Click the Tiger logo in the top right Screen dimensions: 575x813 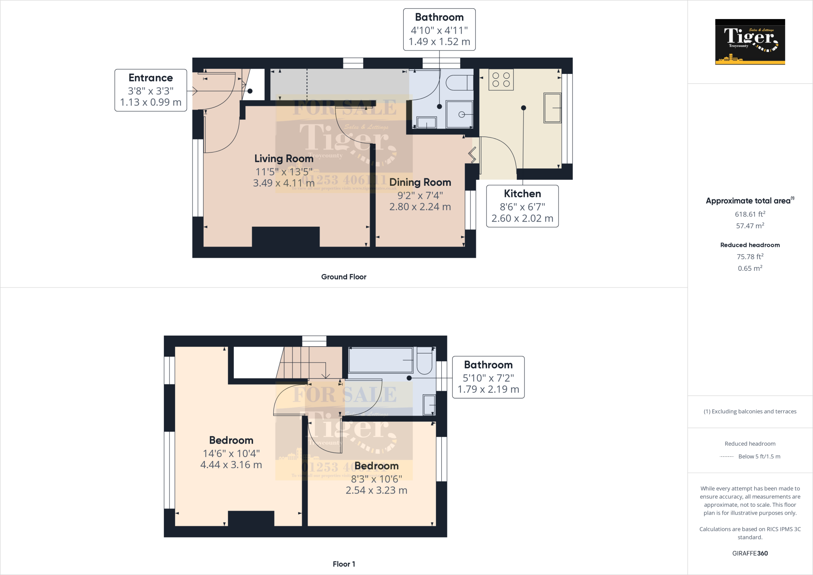click(x=750, y=42)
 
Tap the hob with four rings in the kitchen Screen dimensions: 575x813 click(x=501, y=79)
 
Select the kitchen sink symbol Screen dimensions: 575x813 click(x=552, y=108)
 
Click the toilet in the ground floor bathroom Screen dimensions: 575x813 click(x=459, y=83)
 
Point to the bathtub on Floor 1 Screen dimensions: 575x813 click(x=380, y=360)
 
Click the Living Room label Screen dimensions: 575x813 click(x=284, y=158)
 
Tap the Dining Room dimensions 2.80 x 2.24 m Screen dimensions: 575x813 click(x=420, y=207)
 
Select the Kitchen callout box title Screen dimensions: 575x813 click(x=522, y=194)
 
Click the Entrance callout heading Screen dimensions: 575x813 click(x=150, y=78)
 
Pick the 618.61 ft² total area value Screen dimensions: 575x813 click(x=749, y=214)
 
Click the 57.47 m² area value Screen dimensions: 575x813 click(x=749, y=226)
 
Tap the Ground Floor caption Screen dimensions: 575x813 click(x=343, y=277)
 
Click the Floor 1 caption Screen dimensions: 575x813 click(x=344, y=564)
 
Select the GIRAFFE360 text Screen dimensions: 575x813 click(x=749, y=553)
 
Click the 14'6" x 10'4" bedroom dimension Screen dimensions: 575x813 click(x=231, y=453)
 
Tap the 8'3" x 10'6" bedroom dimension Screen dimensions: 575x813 click(x=376, y=479)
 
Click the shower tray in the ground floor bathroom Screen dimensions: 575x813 click(x=460, y=114)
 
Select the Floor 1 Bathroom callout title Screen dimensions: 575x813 click(x=488, y=365)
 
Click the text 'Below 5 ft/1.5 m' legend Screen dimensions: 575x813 click(x=759, y=456)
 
